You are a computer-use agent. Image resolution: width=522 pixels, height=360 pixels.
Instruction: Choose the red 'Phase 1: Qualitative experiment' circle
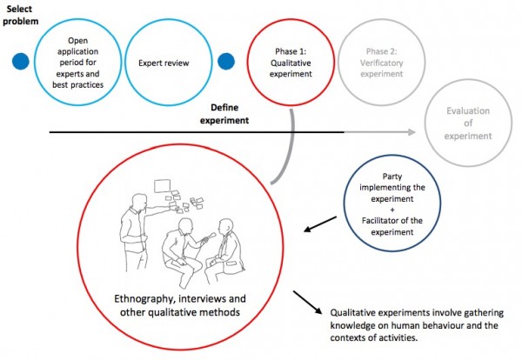click(x=292, y=62)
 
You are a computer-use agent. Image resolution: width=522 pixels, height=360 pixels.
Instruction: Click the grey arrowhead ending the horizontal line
click(x=413, y=132)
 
